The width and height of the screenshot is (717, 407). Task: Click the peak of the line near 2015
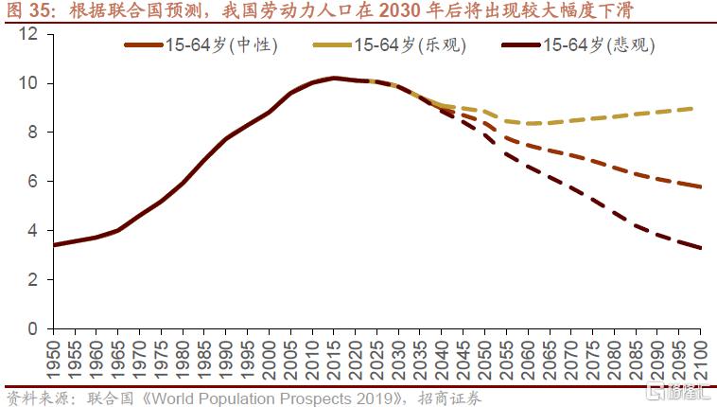pyautogui.click(x=334, y=78)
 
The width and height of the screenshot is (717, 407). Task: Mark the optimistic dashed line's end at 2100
pyautogui.click(x=700, y=108)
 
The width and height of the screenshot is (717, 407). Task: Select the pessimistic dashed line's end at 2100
pyautogui.click(x=700, y=248)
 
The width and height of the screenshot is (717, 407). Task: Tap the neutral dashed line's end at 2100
pyautogui.click(x=700, y=186)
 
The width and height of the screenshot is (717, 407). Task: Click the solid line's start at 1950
pyautogui.click(x=54, y=245)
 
